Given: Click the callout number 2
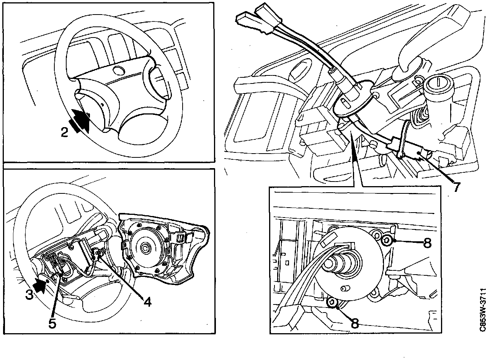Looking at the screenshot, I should (64, 132).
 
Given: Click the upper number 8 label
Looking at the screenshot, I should (428, 243).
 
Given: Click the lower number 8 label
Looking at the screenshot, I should (354, 324).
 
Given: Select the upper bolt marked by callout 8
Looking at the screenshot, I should (387, 241).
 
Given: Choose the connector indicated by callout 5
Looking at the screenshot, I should (61, 263).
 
